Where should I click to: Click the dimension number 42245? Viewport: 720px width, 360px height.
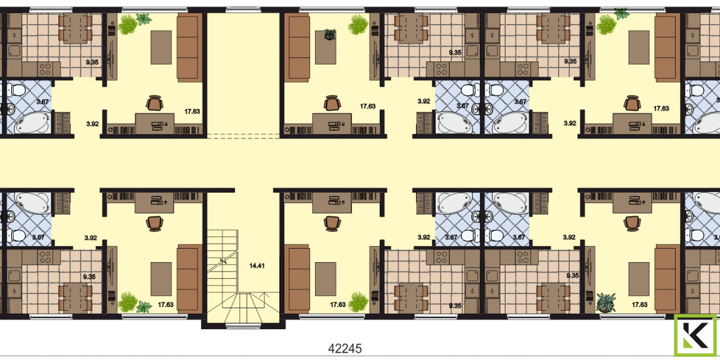click(x=345, y=348)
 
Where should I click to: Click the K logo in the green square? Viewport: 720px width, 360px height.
click(x=695, y=335)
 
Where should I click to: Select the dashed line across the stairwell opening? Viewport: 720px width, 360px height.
click(x=243, y=136)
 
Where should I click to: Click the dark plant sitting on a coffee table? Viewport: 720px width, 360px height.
click(x=330, y=34)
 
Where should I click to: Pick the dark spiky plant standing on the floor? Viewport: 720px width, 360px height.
click(x=606, y=303)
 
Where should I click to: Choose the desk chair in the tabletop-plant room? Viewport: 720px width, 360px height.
click(x=331, y=103)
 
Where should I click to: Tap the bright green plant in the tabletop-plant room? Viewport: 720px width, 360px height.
click(x=358, y=25)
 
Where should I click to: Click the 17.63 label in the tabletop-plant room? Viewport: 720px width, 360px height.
click(x=368, y=106)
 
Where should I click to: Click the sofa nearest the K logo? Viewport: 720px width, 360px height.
click(x=667, y=279)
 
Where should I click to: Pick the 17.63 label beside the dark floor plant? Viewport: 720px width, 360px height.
click(x=639, y=305)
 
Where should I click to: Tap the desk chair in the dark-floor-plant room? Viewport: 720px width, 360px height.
click(x=632, y=223)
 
